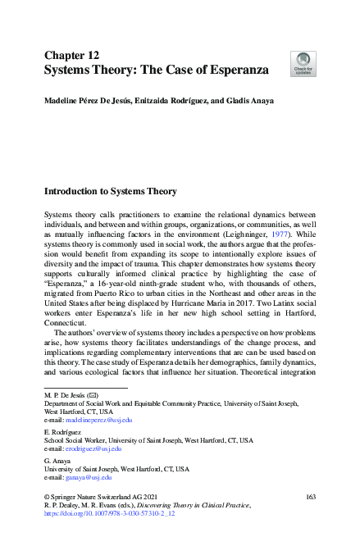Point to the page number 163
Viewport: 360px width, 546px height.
[310, 498]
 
